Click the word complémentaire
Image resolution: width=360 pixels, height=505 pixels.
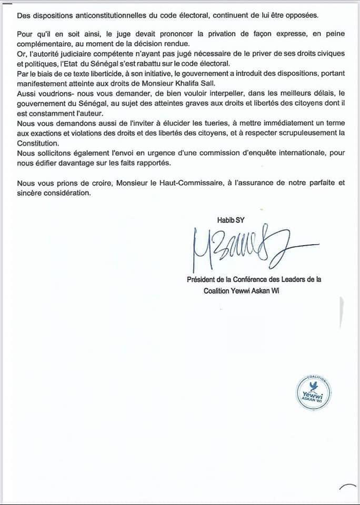(45, 43)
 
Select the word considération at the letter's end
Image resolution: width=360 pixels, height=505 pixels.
(66, 193)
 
